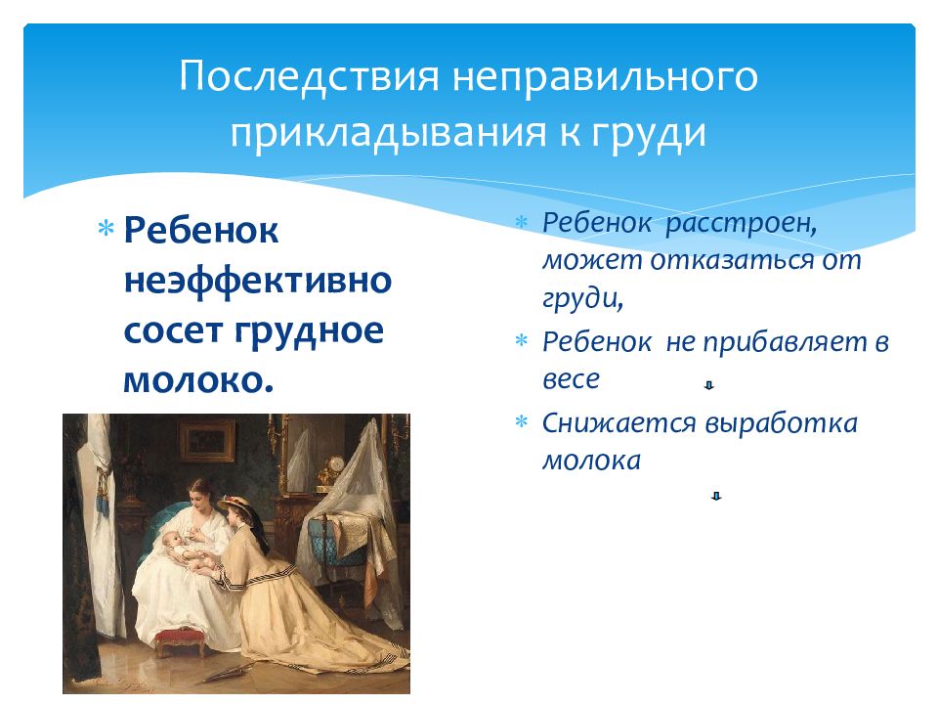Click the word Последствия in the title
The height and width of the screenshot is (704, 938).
(x=309, y=76)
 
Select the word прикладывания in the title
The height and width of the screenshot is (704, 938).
(x=388, y=132)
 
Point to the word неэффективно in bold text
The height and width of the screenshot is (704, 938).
(x=258, y=281)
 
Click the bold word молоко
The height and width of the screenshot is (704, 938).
(x=198, y=379)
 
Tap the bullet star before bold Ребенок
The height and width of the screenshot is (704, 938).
(x=106, y=229)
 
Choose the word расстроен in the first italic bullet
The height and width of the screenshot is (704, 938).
(x=742, y=223)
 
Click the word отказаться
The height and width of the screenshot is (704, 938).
(x=732, y=260)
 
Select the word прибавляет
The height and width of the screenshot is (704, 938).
(x=785, y=342)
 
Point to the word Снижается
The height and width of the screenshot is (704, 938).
(x=619, y=423)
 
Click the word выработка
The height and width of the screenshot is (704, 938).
(x=781, y=423)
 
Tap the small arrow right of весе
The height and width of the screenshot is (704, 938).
(x=709, y=385)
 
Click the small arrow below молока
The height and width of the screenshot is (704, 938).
(x=716, y=496)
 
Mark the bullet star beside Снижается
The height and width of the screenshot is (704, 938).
(x=522, y=421)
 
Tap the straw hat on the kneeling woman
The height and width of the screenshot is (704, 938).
(x=235, y=503)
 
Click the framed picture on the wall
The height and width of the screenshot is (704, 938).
(x=207, y=441)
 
